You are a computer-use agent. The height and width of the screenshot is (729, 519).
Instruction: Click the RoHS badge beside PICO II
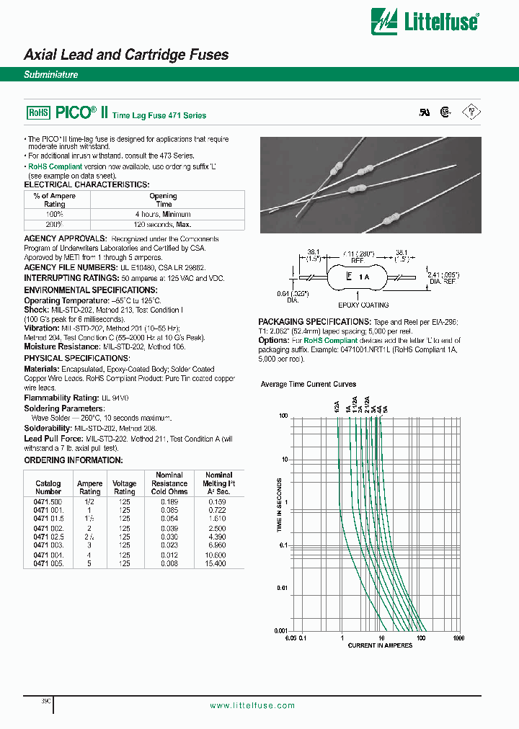(x=37, y=112)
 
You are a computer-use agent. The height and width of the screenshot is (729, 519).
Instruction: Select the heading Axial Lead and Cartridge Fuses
(x=126, y=55)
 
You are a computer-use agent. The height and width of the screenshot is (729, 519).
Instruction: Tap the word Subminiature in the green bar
(x=50, y=75)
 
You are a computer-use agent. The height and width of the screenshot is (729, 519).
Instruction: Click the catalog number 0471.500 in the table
(x=48, y=501)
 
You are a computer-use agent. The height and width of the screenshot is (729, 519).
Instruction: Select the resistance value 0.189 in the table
(x=170, y=501)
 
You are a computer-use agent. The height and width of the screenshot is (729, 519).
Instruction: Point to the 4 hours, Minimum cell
(x=163, y=214)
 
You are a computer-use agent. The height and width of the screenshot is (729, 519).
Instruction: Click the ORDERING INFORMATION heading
(x=74, y=460)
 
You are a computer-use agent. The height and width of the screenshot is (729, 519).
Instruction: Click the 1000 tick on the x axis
(x=458, y=638)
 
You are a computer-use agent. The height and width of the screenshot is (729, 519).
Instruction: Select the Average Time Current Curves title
(x=309, y=385)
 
